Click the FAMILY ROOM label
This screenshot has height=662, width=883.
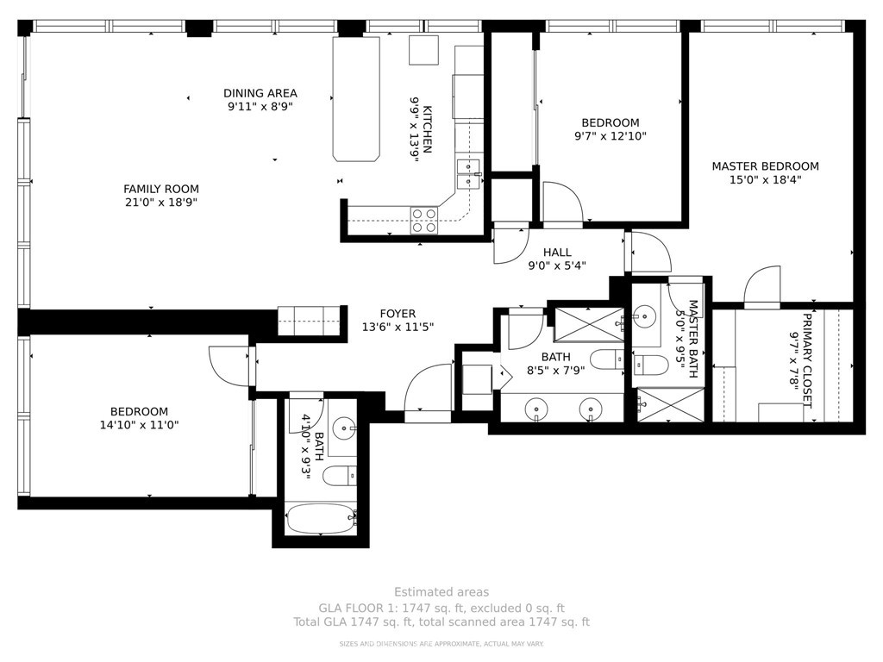[x=161, y=189]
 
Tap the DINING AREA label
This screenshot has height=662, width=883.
[x=260, y=93]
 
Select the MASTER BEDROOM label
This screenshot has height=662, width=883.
[x=766, y=166]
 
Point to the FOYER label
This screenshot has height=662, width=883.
[x=398, y=314]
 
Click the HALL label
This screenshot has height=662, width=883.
[x=557, y=253]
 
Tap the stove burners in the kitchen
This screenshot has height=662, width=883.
[x=424, y=220]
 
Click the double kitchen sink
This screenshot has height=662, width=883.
[x=468, y=173]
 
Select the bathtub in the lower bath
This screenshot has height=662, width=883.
[x=322, y=519]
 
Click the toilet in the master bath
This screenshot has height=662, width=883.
[x=651, y=365]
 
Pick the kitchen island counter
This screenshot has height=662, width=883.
[x=356, y=99]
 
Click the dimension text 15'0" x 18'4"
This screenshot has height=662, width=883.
[x=766, y=179]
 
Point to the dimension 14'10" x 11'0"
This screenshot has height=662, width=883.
[x=139, y=425]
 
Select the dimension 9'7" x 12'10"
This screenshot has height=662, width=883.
[x=611, y=135]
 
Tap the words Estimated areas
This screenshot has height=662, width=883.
[x=441, y=591]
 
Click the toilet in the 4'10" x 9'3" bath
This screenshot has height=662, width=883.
[x=340, y=476]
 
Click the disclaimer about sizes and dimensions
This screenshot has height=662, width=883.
[x=441, y=643]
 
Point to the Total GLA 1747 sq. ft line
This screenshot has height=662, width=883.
[x=441, y=622]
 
